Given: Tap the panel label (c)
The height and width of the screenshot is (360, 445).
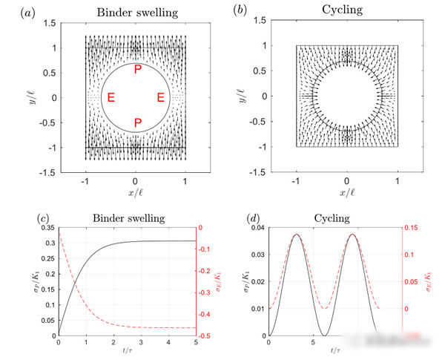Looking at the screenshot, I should click(x=45, y=218).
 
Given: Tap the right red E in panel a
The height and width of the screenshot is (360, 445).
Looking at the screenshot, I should click(x=160, y=97).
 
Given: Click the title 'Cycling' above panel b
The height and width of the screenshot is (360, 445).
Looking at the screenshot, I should click(x=346, y=11).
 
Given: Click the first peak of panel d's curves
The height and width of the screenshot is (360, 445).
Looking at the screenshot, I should click(x=297, y=235).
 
